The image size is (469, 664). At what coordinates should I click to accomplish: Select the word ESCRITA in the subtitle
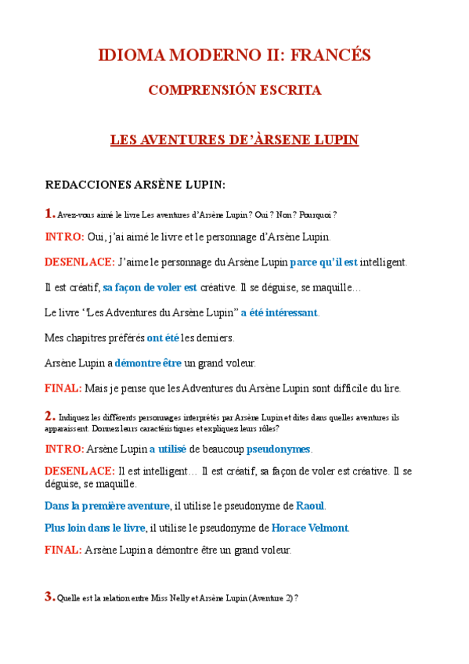289,91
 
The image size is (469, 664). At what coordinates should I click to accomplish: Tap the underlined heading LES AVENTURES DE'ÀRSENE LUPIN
234,140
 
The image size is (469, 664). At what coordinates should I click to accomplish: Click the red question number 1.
49,213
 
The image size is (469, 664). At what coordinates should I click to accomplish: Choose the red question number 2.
49,416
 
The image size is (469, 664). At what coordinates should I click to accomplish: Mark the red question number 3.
49,597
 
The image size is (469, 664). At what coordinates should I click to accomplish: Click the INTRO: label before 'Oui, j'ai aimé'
64,236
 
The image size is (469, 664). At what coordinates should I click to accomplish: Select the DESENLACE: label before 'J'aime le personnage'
80,262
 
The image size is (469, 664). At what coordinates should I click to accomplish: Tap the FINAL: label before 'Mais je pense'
63,388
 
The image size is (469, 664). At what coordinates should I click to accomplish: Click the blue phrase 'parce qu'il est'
323,262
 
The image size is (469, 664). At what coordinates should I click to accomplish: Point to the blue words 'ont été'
163,337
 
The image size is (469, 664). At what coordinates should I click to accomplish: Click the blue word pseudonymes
279,449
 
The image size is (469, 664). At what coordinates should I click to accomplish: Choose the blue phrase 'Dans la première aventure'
107,505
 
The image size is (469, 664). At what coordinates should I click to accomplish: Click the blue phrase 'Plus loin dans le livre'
95,528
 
